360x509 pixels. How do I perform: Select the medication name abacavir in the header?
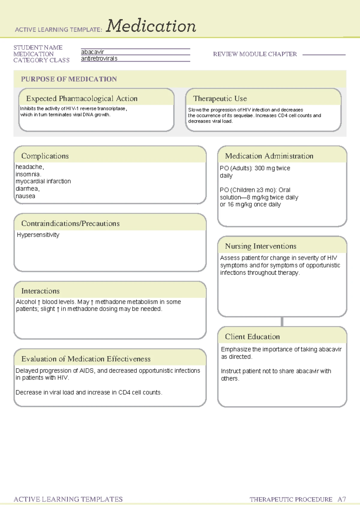[92, 52]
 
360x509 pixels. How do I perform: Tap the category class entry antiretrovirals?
[99, 59]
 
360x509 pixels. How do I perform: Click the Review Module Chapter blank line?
[324, 55]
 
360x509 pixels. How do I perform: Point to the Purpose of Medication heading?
[69, 79]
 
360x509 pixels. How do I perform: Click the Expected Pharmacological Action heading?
[82, 98]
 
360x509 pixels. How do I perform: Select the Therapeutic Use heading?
[220, 98]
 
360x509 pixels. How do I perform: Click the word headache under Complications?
[29, 167]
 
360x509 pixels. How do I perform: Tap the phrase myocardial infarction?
[43, 181]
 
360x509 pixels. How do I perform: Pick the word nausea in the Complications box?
[25, 196]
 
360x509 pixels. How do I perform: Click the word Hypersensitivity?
[38, 235]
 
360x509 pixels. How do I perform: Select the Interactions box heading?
[40, 291]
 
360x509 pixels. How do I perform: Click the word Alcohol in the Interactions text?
[26, 302]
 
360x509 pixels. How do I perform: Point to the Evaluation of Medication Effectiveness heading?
[86, 359]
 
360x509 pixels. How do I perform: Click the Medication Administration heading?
[269, 156]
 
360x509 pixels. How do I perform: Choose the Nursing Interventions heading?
[261, 246]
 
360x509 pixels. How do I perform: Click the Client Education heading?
[252, 337]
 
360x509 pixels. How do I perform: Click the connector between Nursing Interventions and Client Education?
[282, 322]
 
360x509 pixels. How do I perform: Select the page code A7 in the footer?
[342, 499]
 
